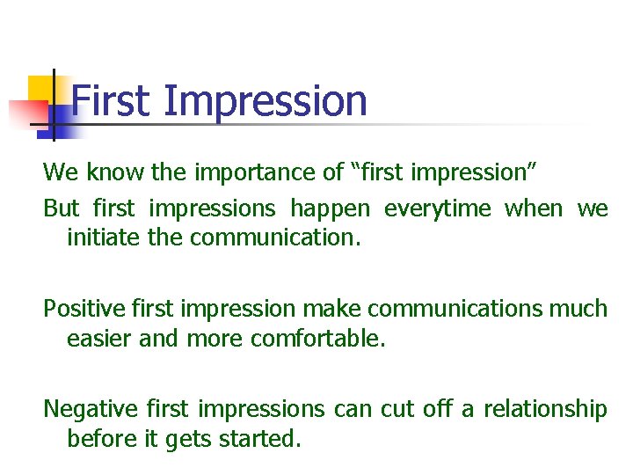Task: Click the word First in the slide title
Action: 111,100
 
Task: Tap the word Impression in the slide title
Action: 266,102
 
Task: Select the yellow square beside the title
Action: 41,88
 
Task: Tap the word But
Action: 62,209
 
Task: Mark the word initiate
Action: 98,237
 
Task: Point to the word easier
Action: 98,338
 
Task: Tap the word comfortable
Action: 317,338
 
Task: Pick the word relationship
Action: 544,410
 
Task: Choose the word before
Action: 102,438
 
